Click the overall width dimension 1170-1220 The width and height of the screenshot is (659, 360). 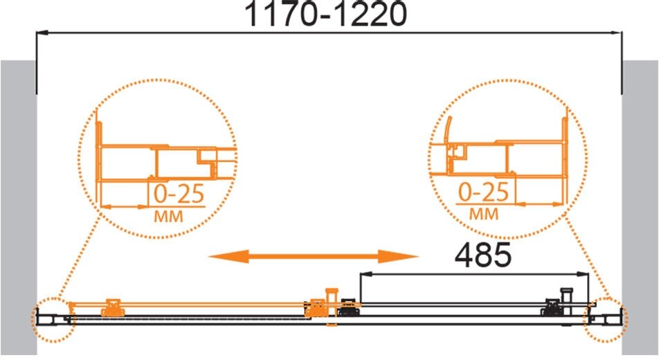pos(328,15)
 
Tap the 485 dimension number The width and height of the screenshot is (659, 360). pos(482,255)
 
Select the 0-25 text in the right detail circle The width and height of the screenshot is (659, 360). pos(484,191)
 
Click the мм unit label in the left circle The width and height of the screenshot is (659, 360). pos(170,217)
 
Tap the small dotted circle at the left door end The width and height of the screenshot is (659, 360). pos(51,319)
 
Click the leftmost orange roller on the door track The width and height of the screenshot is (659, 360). pos(111,307)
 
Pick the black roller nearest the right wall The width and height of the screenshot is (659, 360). pos(553,306)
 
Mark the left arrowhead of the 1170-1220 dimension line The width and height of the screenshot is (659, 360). pos(41,32)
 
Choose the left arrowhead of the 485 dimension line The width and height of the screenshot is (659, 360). pos(364,273)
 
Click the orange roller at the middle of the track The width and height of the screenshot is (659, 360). pos(318,306)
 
